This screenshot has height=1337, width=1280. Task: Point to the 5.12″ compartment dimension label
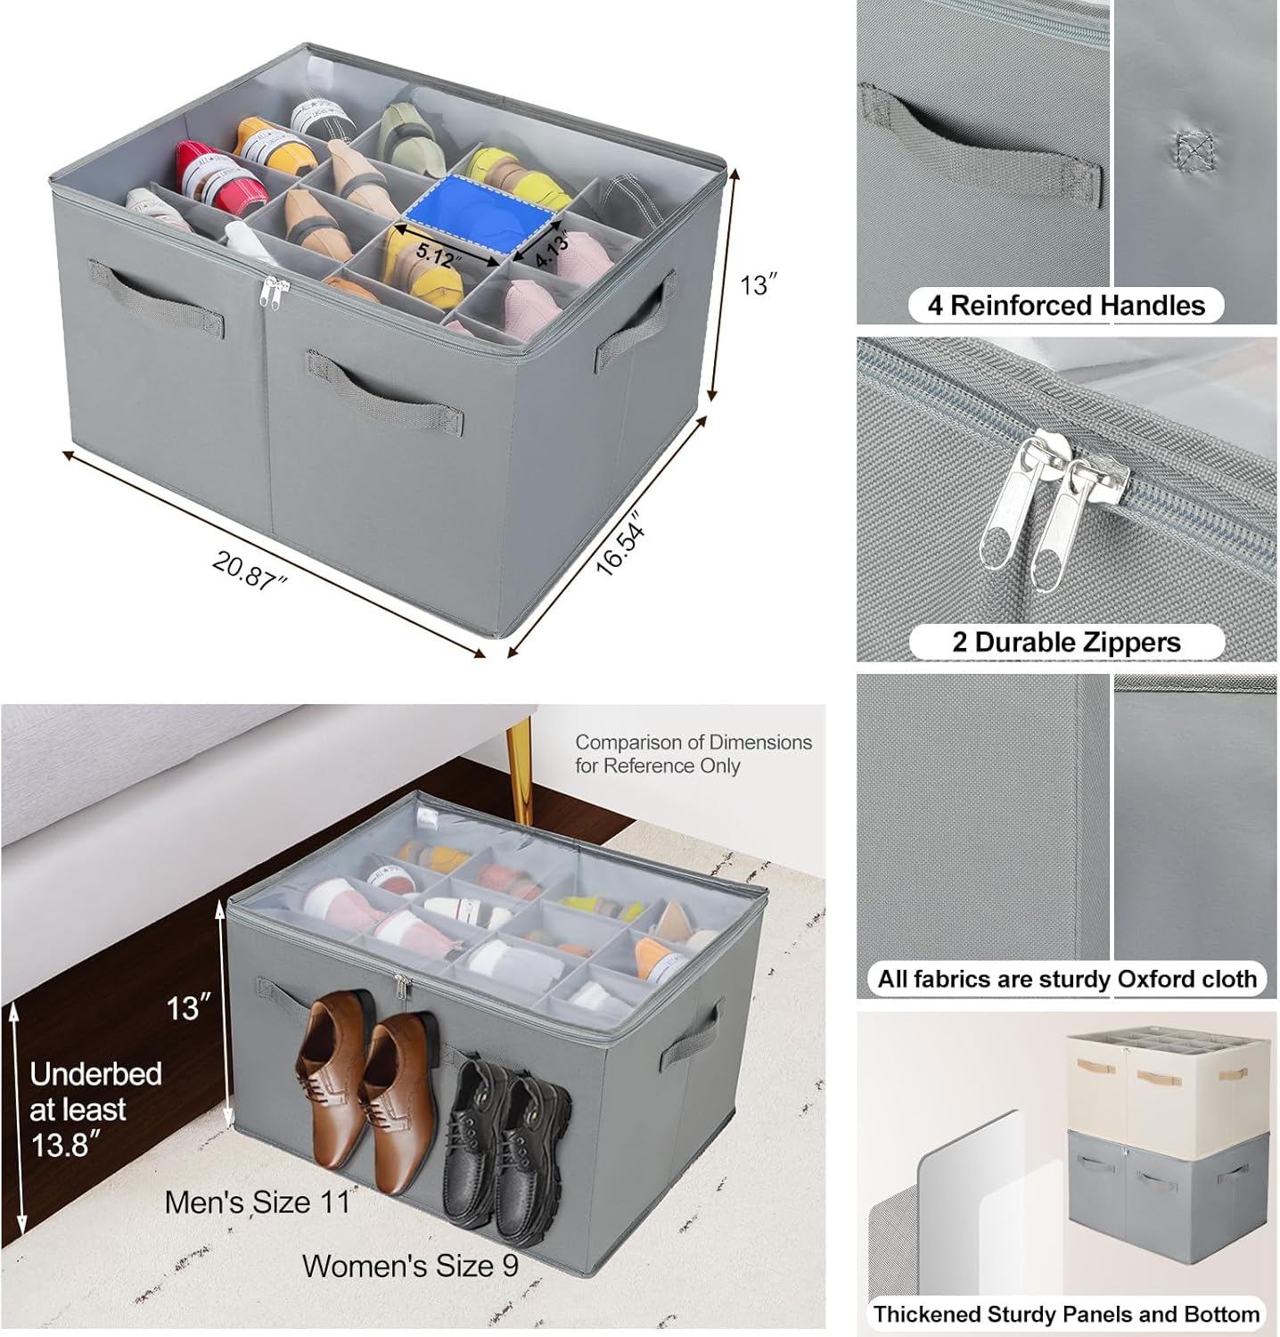click(x=439, y=256)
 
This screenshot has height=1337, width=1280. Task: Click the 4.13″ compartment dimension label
click(x=553, y=251)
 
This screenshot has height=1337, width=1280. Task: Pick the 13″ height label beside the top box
click(x=759, y=285)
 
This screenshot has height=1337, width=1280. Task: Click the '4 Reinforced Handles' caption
click(x=1065, y=306)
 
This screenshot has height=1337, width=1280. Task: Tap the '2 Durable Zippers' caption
click(x=1066, y=642)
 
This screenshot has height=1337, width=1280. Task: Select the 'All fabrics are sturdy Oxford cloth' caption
click(x=1066, y=979)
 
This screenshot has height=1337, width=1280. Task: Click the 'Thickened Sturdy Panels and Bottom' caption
click(x=1066, y=1314)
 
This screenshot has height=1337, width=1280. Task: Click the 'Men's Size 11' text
click(x=259, y=1202)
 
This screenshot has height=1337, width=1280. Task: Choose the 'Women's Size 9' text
click(x=410, y=1266)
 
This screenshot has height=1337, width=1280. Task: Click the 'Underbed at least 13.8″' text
click(x=94, y=1109)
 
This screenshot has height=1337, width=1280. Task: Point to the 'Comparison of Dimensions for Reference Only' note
click(x=693, y=754)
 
